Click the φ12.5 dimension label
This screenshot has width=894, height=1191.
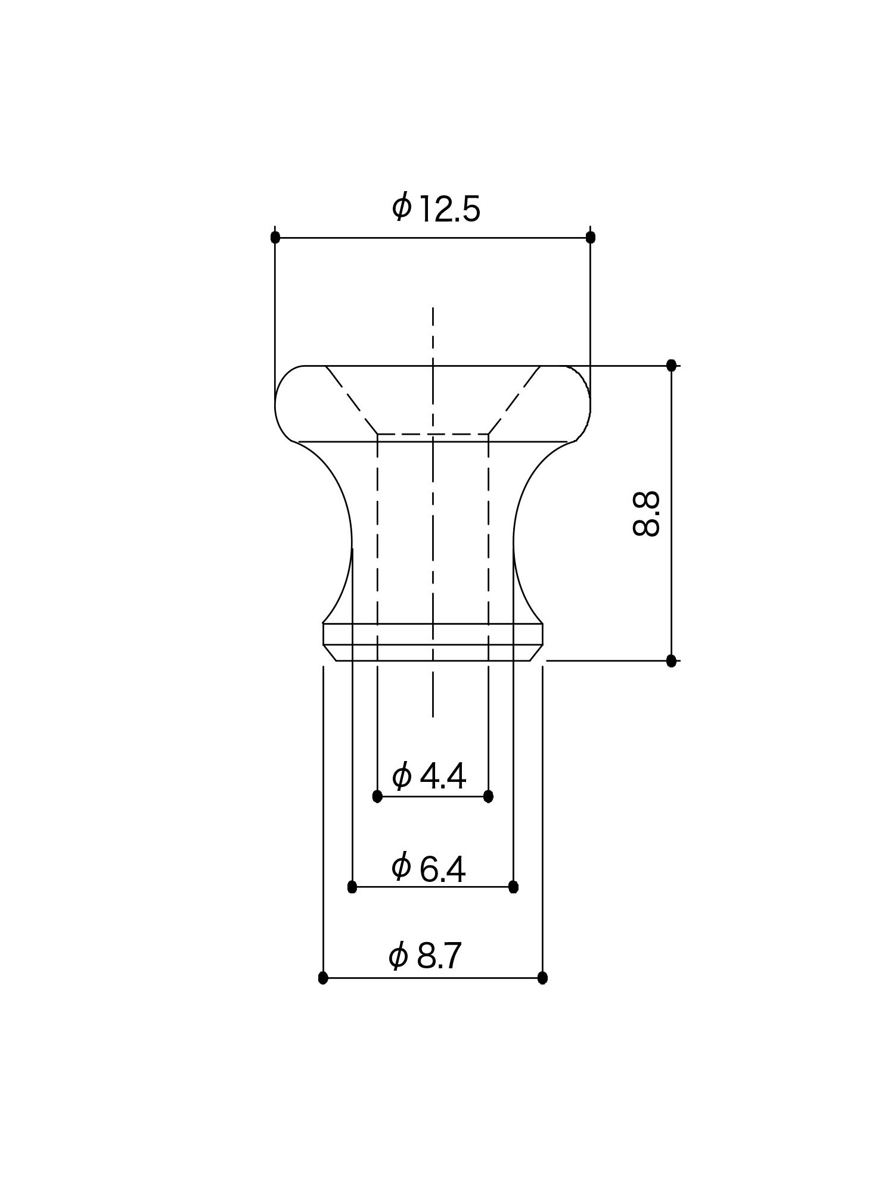436,208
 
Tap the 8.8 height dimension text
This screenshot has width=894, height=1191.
646,513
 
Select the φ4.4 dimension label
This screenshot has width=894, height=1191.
429,776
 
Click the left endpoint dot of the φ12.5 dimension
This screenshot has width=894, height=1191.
275,237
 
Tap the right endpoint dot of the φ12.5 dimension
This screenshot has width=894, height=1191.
591,237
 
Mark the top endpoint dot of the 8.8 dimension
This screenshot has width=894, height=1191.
671,365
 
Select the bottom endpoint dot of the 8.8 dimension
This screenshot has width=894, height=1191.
671,660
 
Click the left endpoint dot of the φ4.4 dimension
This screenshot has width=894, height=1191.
377,796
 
